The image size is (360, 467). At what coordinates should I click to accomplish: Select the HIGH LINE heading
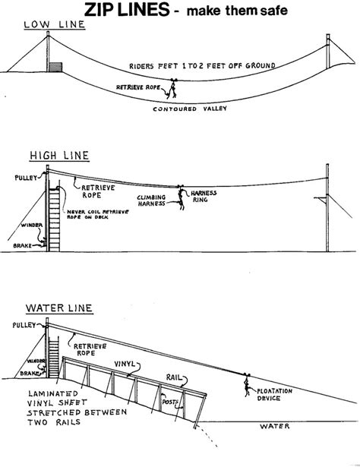pos(60,156)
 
